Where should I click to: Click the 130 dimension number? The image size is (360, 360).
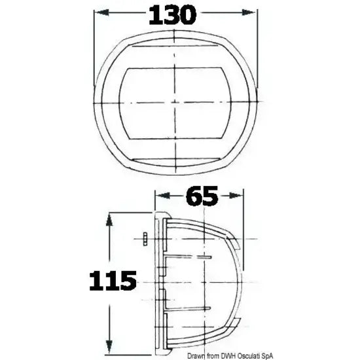point(173,15)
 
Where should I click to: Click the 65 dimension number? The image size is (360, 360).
point(202,196)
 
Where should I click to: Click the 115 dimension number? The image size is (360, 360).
point(113,281)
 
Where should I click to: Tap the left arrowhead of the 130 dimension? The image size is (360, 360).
point(101,12)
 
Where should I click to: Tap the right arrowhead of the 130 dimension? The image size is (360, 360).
point(249,12)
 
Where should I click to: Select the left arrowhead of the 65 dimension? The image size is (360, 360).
point(163,196)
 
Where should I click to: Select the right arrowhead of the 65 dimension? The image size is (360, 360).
point(236,196)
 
